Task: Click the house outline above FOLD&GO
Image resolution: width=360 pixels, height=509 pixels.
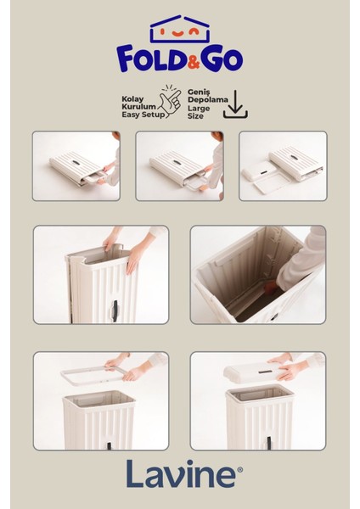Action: pyautogui.click(x=180, y=30)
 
